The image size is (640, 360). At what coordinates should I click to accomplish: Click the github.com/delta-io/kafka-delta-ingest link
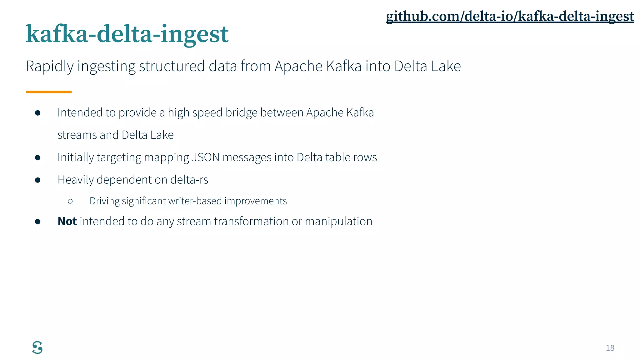[x=510, y=16]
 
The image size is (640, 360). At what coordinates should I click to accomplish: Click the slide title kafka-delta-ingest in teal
[x=127, y=34]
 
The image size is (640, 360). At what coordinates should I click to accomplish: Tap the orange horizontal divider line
[x=49, y=92]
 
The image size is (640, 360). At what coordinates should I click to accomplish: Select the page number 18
[x=610, y=348]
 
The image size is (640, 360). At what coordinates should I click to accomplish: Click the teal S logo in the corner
[x=37, y=347]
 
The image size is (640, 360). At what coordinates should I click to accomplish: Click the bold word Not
[x=67, y=221]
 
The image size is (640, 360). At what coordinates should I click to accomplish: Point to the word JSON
[x=206, y=157]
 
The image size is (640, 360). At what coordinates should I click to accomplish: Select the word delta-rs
[x=189, y=180]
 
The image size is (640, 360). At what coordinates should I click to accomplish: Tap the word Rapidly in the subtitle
[x=50, y=66]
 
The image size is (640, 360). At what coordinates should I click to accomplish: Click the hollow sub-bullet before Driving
[x=70, y=201]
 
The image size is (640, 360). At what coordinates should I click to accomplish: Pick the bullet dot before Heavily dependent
[x=38, y=180]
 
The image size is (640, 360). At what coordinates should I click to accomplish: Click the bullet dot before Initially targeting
[x=38, y=157]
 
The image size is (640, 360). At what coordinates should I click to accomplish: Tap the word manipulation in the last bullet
[x=338, y=221]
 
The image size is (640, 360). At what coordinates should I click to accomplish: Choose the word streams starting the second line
[x=77, y=135]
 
